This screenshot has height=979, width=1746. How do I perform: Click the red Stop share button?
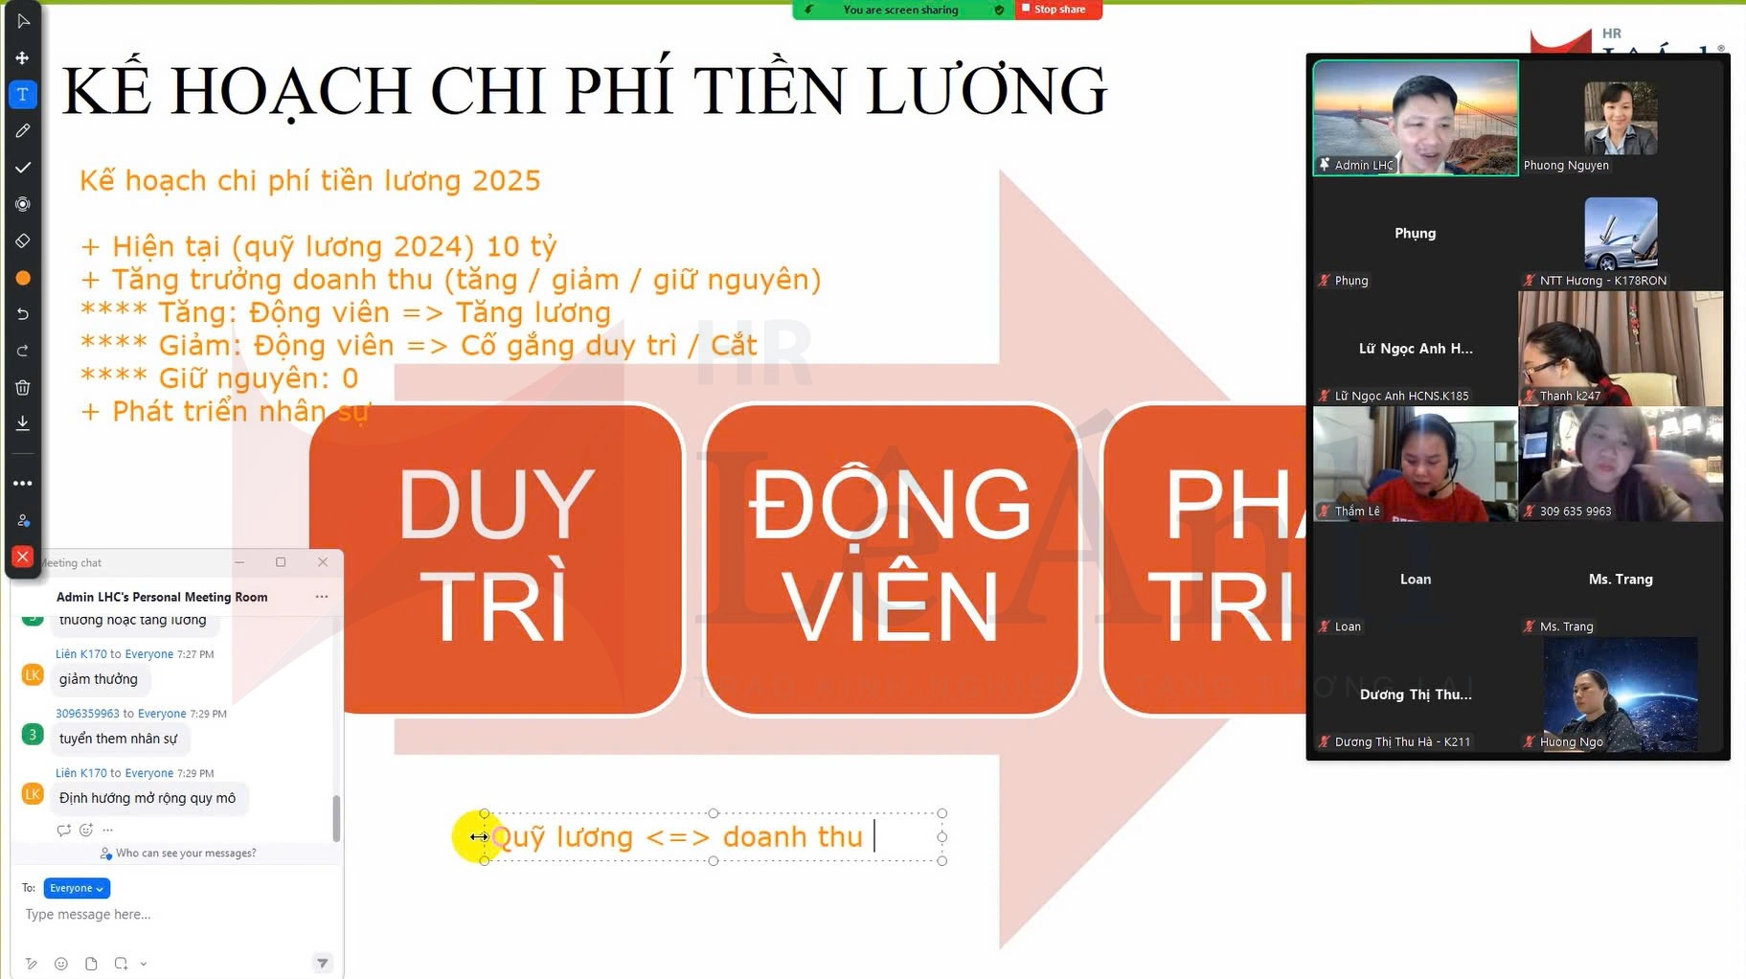[1058, 10]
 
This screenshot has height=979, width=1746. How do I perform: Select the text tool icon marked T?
[23, 94]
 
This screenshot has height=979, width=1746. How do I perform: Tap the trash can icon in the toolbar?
[23, 387]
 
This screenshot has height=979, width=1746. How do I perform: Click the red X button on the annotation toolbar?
[23, 557]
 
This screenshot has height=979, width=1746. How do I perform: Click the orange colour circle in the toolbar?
[23, 278]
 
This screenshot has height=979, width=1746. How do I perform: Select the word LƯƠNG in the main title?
[986, 91]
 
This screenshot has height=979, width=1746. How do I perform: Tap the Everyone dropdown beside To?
[77, 888]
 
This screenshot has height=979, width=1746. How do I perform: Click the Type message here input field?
[172, 915]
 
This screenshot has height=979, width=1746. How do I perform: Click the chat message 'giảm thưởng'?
[99, 679]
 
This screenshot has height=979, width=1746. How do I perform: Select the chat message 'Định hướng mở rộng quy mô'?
[147, 798]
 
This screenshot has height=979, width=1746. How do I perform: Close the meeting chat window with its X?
[323, 562]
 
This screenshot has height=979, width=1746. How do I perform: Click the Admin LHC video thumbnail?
[1415, 117]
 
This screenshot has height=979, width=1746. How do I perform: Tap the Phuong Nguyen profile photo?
[1621, 117]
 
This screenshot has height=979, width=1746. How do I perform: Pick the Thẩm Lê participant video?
[1415, 464]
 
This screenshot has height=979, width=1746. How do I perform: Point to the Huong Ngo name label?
[1571, 741]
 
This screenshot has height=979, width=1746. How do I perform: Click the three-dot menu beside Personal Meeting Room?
[322, 597]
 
